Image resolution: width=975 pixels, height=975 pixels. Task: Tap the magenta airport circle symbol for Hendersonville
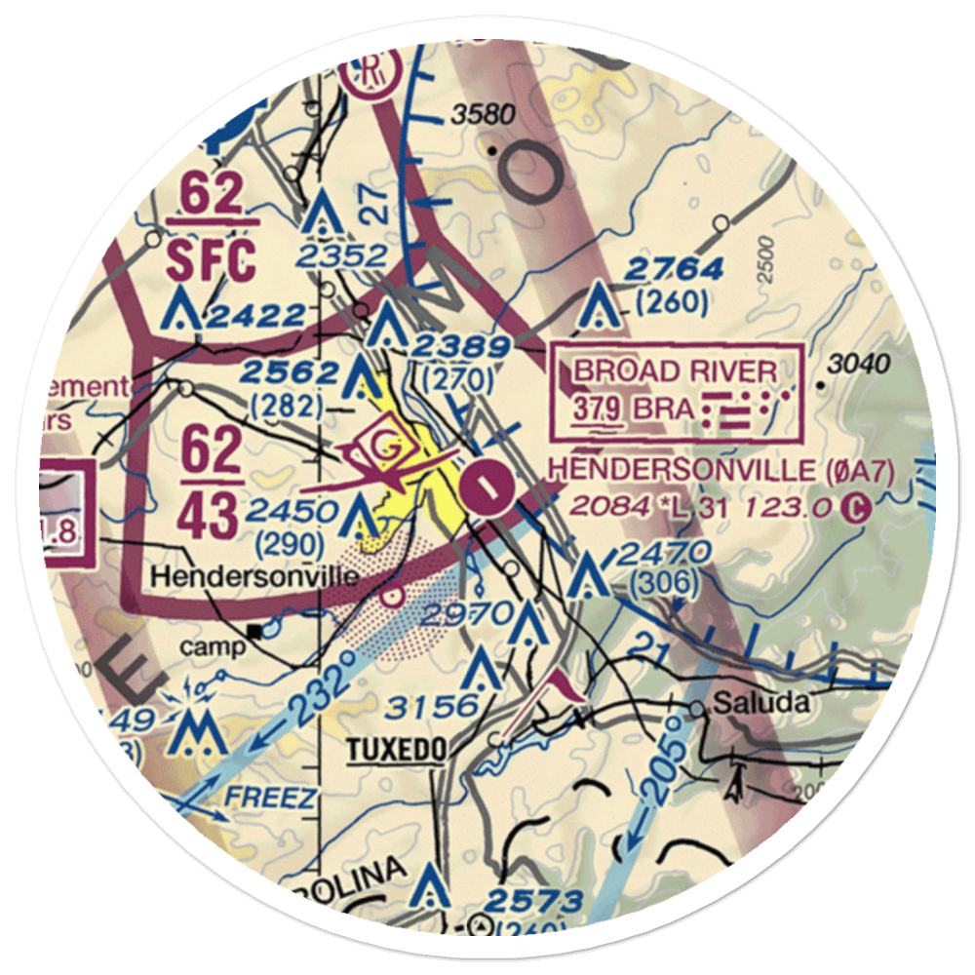pyautogui.click(x=487, y=487)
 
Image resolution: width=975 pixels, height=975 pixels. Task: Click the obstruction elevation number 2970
pyautogui.click(x=468, y=613)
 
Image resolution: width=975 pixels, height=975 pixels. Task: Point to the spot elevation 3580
pyautogui.click(x=482, y=116)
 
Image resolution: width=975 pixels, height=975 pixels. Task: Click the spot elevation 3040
pyautogui.click(x=858, y=365)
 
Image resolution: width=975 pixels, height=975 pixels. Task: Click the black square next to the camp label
pyautogui.click(x=255, y=631)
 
